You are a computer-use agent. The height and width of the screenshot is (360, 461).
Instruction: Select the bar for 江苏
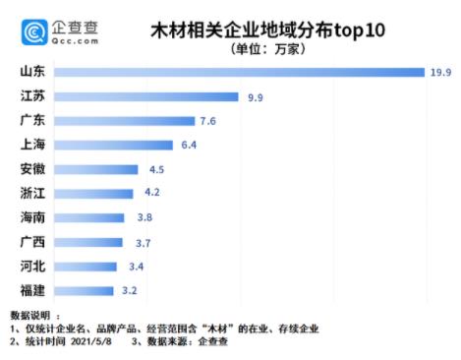pyautogui.click(x=146, y=97)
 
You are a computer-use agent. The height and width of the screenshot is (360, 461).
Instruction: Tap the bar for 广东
pyautogui.click(x=125, y=121)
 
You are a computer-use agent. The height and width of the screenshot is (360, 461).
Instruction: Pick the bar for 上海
pyautogui.click(x=114, y=146)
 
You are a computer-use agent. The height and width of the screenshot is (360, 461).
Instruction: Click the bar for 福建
pyautogui.click(x=85, y=291)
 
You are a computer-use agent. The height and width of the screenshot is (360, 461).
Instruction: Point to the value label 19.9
pyautogui.click(x=439, y=73)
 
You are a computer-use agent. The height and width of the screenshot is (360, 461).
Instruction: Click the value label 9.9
pyautogui.click(x=255, y=97)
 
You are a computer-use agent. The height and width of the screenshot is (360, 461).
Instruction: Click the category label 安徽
pyautogui.click(x=31, y=169)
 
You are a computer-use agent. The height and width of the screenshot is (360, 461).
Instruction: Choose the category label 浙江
pyautogui.click(x=31, y=194)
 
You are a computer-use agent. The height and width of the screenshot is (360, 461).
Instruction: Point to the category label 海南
pyautogui.click(x=31, y=217)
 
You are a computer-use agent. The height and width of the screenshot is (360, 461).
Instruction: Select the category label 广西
pyautogui.click(x=31, y=242)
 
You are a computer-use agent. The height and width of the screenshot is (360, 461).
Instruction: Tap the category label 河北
pyautogui.click(x=31, y=267)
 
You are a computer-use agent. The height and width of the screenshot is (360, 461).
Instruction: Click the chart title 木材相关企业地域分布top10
pyautogui.click(x=266, y=30)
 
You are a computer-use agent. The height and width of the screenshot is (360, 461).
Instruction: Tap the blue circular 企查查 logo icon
pyautogui.click(x=34, y=33)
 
